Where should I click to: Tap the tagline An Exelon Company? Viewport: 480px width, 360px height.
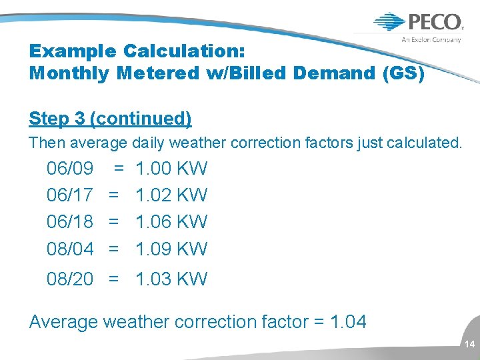pos(431,39)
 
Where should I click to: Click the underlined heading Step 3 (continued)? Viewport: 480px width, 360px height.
pos(110,119)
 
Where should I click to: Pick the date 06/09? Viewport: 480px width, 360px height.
pos(69,168)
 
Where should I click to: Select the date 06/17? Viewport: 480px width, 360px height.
pos(69,195)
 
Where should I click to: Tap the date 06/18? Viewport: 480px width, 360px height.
pos(69,221)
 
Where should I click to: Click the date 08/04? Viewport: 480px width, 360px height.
pos(69,249)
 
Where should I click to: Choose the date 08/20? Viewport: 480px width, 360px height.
pos(69,279)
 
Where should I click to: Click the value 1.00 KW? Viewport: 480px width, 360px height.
pos(171,168)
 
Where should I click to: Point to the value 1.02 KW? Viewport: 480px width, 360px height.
pos(171,195)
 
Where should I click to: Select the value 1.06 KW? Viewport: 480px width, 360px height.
pos(171,221)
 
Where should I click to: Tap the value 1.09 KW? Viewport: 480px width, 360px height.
pos(171,249)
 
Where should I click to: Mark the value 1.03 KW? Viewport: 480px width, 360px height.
pos(171,279)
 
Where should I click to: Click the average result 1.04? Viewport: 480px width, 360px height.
pos(347,322)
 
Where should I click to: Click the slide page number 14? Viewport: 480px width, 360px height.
pos(469,345)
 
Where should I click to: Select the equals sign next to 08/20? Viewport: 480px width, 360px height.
pos(114,279)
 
